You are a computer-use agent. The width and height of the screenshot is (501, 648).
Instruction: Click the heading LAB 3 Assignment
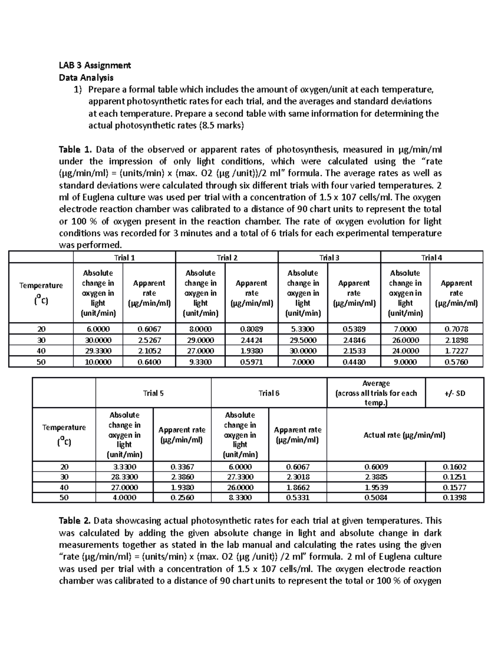95,65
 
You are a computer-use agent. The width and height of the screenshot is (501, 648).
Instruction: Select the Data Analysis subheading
86,77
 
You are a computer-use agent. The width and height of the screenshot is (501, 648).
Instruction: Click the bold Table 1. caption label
74,149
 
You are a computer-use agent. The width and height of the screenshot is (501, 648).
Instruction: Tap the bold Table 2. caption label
74,521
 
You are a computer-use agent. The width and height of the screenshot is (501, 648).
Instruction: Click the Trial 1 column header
124,257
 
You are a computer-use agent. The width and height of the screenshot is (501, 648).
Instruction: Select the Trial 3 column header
329,257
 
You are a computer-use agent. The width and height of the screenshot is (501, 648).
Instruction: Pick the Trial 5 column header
153,393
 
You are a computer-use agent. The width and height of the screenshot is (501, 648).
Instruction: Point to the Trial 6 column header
269,393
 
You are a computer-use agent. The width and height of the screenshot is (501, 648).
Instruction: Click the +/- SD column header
455,393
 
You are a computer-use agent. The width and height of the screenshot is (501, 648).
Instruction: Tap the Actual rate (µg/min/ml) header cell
405,435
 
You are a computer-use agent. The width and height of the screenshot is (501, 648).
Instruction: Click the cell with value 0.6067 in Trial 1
149,329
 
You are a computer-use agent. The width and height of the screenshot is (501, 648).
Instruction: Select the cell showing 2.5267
149,340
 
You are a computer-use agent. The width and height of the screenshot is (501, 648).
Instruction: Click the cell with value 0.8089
251,329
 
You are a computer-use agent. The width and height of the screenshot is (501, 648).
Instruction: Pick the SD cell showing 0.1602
455,467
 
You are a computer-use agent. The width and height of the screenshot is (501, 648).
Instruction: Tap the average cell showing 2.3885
376,477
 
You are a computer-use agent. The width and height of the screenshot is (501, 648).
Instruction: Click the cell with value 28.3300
124,477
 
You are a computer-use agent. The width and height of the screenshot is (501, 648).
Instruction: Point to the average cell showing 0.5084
376,497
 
